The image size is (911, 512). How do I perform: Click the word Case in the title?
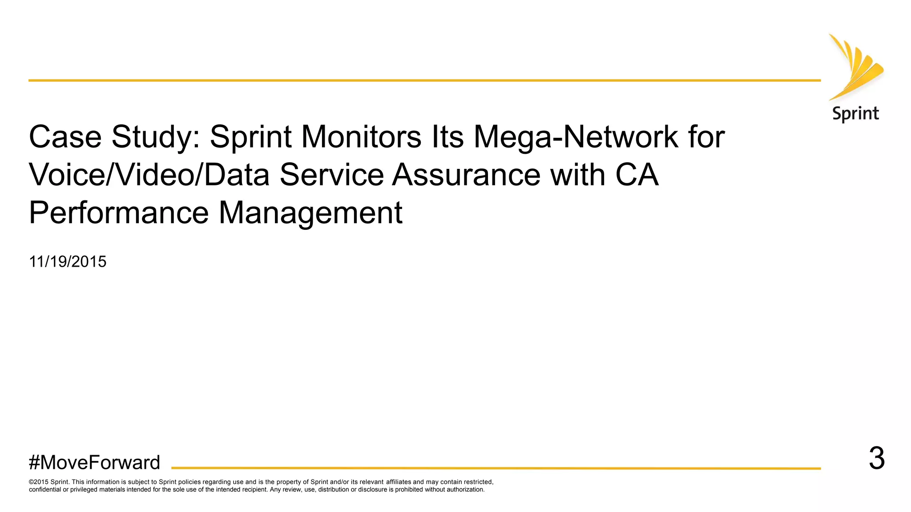[x=65, y=137]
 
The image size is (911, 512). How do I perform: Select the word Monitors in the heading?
[x=361, y=137]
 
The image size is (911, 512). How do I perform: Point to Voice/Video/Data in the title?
[x=149, y=175]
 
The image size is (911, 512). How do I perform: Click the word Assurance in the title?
[x=466, y=175]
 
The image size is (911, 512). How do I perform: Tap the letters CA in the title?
[x=637, y=175]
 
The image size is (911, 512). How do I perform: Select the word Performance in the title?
[x=119, y=213]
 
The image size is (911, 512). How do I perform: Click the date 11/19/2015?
[x=68, y=262]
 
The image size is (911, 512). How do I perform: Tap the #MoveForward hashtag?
[x=94, y=463]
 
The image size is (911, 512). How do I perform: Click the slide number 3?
[x=877, y=458]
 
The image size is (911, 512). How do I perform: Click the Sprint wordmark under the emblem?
[x=855, y=114]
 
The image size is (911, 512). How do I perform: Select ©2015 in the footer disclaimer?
[x=39, y=482]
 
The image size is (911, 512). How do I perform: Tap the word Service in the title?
[x=332, y=175]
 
